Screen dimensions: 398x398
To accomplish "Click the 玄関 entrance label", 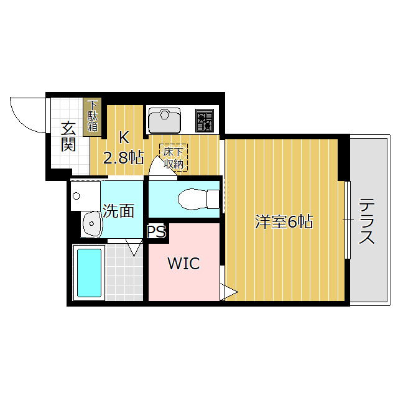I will pos(68,137).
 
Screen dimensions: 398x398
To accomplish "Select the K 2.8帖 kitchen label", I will pos(123,148).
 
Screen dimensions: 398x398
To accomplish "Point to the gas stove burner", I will pos(204,120).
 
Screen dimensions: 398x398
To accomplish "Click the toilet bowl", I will pos(193,199).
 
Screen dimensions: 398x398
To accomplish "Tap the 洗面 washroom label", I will pos(119,211).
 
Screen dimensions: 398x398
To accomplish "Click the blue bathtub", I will pos(88,271).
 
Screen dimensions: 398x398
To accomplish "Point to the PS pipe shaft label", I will pos(157,231).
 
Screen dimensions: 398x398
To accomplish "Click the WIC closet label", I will pos(183,264).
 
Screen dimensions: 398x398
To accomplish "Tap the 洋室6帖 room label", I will pos(284,221).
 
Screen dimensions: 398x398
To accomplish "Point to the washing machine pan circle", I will pos(76,196).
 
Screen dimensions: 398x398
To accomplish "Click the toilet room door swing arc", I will pos(155,168).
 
